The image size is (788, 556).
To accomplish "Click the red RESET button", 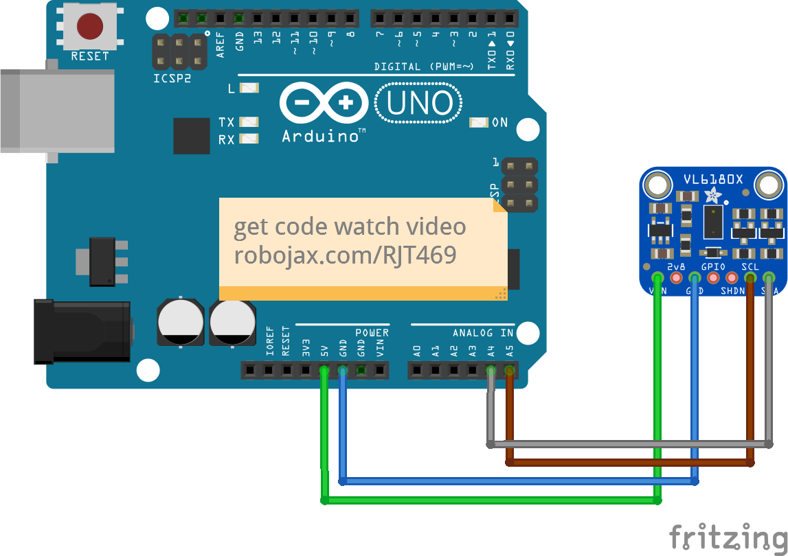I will click(x=89, y=27).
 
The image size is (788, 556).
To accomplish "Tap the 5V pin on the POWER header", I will click(x=324, y=371).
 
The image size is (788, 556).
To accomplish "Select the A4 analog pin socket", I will click(x=491, y=371).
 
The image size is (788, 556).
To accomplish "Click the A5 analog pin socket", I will click(x=509, y=371).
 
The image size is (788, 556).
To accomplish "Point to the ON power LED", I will click(x=479, y=123).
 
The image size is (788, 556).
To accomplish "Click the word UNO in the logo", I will click(x=420, y=104).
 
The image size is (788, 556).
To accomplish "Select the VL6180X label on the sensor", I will click(x=712, y=180).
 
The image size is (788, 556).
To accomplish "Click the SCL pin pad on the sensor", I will click(x=750, y=278).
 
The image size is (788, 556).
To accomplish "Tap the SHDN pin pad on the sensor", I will click(x=732, y=278).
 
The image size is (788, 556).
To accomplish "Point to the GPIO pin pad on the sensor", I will click(x=713, y=278).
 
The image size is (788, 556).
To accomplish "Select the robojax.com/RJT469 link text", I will click(x=345, y=255).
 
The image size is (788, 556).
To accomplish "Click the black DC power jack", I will click(x=82, y=330).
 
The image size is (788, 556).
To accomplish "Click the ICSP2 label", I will click(x=172, y=78).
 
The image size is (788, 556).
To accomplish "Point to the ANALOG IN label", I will click(x=483, y=333).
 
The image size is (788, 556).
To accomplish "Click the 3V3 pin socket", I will click(x=306, y=371).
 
